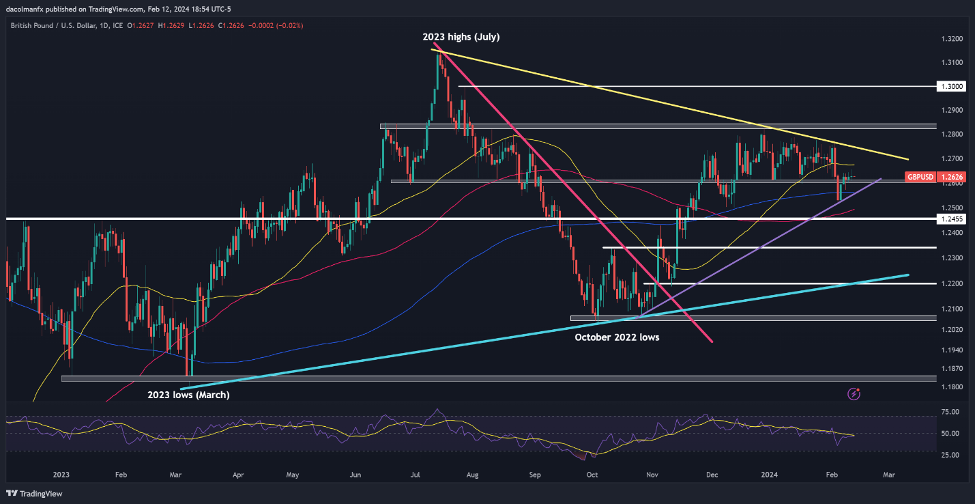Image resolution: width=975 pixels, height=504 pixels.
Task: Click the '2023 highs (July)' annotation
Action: coord(461,37)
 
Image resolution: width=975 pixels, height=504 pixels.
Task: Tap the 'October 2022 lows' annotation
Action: coord(617,337)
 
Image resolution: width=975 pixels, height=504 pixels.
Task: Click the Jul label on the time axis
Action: coord(416,474)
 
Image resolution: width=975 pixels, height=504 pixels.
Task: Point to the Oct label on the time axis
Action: coord(592,474)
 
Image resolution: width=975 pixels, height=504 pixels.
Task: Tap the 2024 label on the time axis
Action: coord(770,474)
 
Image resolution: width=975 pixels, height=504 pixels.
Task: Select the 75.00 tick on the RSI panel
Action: coord(949,412)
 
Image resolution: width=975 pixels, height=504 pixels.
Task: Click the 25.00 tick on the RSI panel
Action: coord(949,454)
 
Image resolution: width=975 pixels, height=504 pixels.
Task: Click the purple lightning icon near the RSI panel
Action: coord(854,393)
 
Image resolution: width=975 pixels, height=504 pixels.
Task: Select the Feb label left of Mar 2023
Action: coord(121,474)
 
